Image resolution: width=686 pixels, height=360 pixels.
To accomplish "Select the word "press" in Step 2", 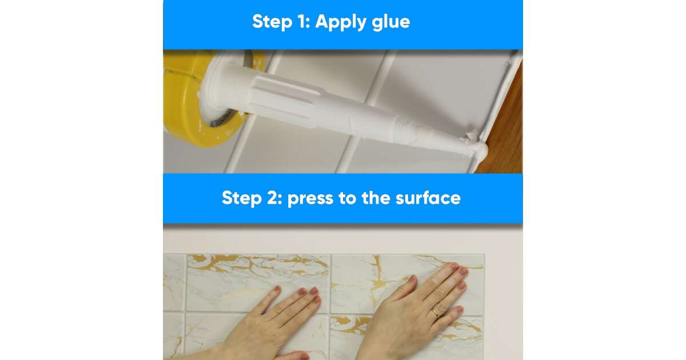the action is [310, 199].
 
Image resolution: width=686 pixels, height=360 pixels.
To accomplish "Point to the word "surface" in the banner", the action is [428, 198].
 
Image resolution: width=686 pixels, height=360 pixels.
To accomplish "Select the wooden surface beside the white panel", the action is [505, 122].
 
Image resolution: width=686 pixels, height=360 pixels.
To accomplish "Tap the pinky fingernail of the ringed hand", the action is [460, 310].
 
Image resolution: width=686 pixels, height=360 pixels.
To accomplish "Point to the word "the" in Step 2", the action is [376, 198].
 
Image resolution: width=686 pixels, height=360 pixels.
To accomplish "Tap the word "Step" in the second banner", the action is [242, 198].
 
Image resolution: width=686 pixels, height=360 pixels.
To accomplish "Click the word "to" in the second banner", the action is [348, 198].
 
